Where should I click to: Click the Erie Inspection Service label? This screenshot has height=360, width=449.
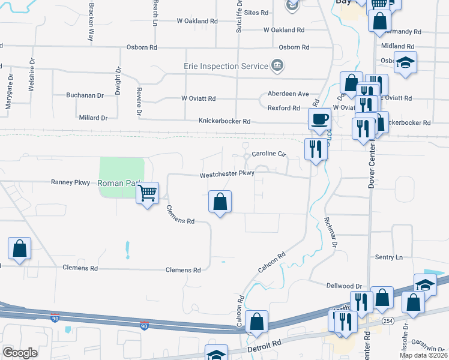226,65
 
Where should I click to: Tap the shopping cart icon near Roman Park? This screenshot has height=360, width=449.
147,193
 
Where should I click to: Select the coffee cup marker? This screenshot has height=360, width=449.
319,119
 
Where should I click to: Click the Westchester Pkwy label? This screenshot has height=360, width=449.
228,175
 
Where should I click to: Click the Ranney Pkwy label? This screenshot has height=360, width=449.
70,182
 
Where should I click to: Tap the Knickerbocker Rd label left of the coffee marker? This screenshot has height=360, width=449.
224,121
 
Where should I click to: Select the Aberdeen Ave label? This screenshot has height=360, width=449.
288,94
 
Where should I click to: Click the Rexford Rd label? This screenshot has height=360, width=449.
283,108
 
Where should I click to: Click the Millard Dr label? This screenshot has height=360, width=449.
93,118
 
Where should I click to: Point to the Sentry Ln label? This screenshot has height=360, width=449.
388,257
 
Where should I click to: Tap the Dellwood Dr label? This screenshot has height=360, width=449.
345,286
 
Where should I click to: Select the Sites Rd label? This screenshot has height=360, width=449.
256,13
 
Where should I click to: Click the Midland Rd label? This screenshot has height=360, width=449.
397,46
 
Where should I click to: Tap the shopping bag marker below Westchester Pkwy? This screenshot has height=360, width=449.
220,202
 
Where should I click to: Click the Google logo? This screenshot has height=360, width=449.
20,353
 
